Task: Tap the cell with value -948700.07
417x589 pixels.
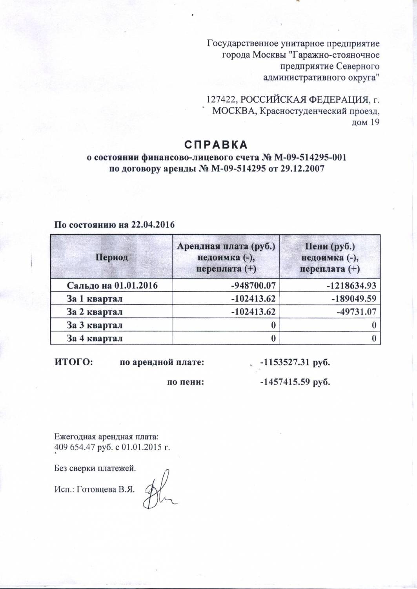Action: (x=255, y=285)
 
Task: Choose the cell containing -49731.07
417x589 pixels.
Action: (x=355, y=312)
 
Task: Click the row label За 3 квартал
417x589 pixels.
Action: (x=95, y=325)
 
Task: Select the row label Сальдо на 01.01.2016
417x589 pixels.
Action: (x=112, y=285)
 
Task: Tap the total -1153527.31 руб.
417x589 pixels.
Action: (x=295, y=362)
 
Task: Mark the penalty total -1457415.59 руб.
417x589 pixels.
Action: (x=295, y=382)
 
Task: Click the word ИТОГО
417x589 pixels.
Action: (x=73, y=362)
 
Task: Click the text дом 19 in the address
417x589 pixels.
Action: (x=366, y=123)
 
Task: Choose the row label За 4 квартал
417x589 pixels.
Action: (x=95, y=338)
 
